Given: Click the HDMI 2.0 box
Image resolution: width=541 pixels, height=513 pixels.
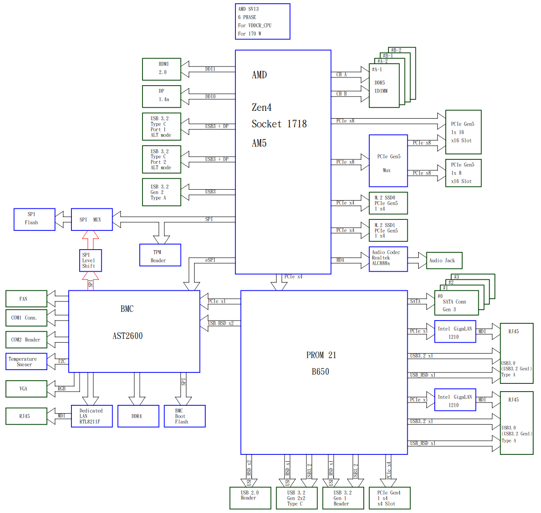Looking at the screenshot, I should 161,69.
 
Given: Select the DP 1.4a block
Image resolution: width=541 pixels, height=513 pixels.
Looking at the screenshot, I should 161,96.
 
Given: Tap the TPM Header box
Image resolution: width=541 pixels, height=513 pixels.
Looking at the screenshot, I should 160,255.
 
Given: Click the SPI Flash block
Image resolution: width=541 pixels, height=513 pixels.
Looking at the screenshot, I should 34,219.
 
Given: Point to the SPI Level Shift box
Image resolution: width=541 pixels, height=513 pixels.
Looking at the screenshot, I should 90,261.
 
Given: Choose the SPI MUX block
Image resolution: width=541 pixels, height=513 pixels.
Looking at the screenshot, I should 92,219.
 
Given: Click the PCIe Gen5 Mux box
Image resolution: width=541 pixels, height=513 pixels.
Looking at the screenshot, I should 388,161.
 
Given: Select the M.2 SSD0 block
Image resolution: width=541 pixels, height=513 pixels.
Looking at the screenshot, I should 388,203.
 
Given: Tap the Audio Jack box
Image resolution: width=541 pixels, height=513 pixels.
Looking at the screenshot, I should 443,261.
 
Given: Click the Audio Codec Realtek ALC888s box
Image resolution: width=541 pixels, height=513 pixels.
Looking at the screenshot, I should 388,259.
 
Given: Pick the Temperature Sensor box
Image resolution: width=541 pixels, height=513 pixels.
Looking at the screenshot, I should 26,361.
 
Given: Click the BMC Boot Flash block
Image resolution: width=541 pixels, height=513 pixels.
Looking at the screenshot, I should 184,416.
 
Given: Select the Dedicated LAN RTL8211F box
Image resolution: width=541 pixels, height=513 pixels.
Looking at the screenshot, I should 92,416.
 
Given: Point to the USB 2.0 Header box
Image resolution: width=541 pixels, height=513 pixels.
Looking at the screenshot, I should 250,498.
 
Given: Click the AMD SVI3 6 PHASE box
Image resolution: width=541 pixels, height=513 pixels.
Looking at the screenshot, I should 262,22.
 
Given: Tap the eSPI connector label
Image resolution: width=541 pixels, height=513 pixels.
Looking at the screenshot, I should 210,260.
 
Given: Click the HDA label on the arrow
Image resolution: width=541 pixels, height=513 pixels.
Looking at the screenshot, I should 340,260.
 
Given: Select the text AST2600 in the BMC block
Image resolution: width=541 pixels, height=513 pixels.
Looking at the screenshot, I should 127,336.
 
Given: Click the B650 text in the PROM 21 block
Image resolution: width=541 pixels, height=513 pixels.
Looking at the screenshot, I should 320,371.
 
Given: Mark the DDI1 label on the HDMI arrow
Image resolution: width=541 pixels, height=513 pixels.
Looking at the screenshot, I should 210,69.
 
